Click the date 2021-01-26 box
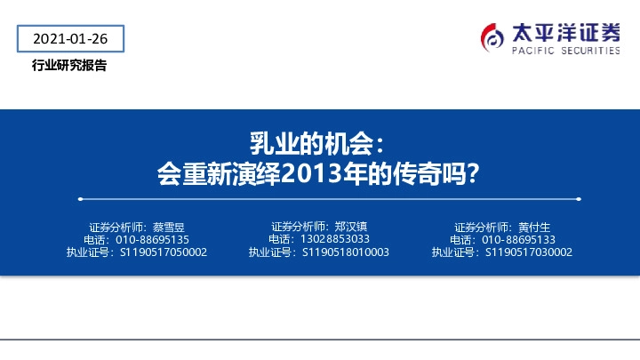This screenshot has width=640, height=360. [x=69, y=39]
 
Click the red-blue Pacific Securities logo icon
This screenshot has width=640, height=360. [x=492, y=36]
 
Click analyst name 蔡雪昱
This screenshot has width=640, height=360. [x=167, y=227]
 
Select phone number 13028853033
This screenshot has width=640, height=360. [x=335, y=238]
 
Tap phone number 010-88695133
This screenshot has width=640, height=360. [x=518, y=239]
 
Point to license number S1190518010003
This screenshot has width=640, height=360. [x=346, y=252]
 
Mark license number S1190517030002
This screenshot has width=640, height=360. [x=529, y=252]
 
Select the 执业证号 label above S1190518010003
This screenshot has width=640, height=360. [x=273, y=252]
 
